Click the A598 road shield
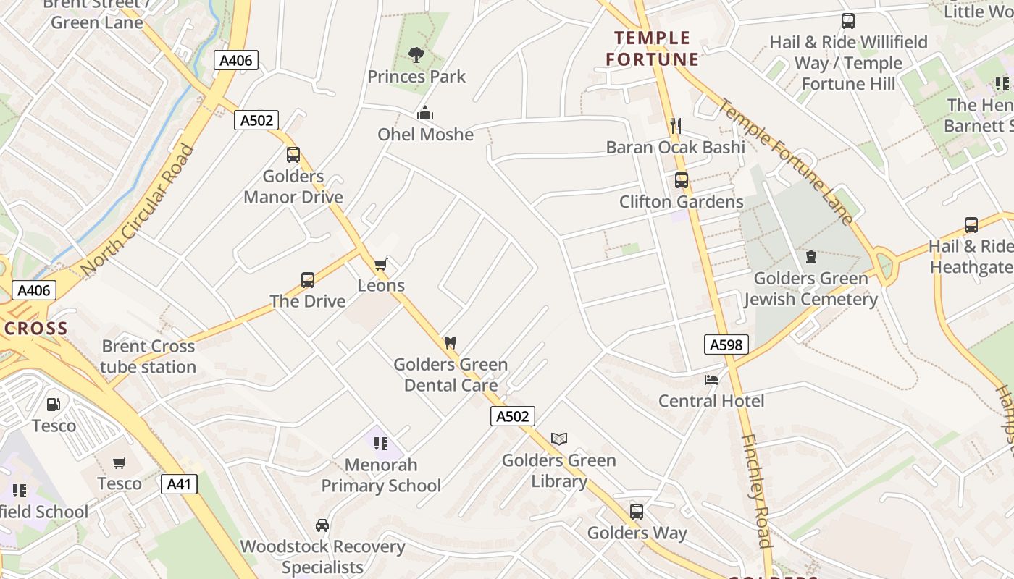click(726, 345)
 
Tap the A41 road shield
click(179, 483)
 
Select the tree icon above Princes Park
click(416, 54)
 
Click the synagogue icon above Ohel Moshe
click(425, 113)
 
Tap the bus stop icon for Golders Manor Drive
click(293, 154)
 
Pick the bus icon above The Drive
click(308, 279)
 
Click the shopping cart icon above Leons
click(381, 264)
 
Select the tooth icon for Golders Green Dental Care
click(450, 342)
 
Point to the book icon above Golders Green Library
click(558, 438)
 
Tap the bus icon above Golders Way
click(637, 512)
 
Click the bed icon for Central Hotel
click(711, 379)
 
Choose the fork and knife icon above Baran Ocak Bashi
click(676, 126)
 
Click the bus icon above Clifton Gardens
click(681, 180)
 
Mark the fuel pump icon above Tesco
click(54, 404)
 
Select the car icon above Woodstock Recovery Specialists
click(322, 525)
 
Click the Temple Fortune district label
click(653, 48)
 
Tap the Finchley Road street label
click(754, 492)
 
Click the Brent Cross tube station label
click(148, 357)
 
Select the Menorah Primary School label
click(381, 475)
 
